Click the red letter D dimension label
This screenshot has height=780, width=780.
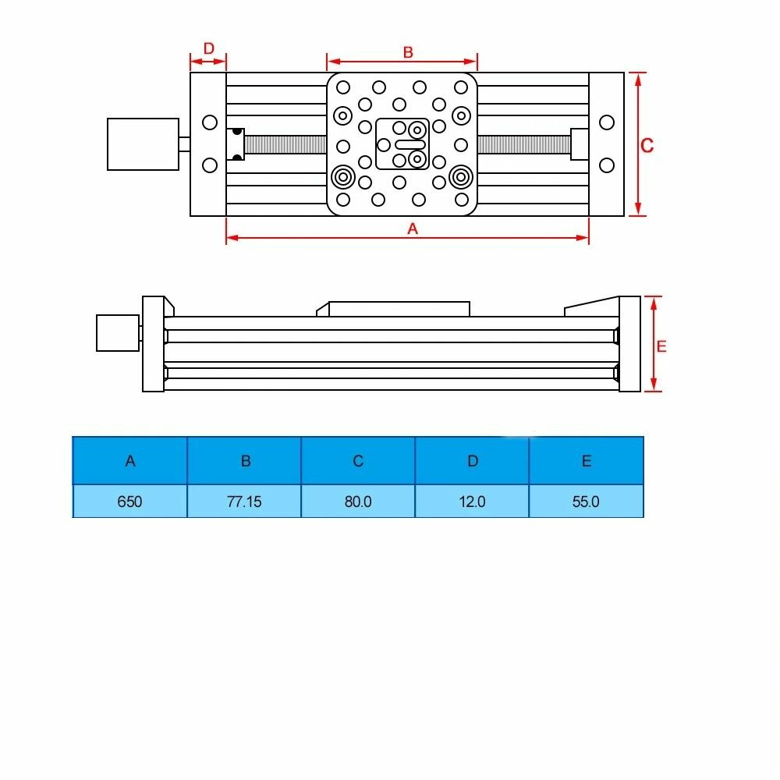point(208,48)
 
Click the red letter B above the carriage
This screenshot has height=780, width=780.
point(407,52)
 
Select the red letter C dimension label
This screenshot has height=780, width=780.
point(647,145)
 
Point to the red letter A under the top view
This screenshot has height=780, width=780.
point(413,229)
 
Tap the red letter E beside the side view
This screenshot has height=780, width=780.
point(661,347)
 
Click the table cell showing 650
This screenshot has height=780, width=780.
point(129,501)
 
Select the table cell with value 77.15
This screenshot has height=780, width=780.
point(244,501)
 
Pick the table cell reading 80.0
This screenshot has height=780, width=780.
point(358,501)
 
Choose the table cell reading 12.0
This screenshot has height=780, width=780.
point(472,501)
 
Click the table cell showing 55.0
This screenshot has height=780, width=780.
point(586,501)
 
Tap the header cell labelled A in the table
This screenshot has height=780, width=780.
point(129,460)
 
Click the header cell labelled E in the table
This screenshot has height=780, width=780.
point(586,460)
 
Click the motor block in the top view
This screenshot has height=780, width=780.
point(143,144)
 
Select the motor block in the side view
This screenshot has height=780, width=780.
point(117,332)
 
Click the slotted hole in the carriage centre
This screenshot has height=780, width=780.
point(409,144)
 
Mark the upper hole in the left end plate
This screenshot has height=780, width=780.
point(209,122)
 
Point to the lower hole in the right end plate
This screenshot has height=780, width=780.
point(607,165)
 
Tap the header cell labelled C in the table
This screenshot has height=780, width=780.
point(358,460)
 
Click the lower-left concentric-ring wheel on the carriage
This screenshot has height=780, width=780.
point(342,177)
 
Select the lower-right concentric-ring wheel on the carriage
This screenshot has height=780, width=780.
point(460,177)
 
